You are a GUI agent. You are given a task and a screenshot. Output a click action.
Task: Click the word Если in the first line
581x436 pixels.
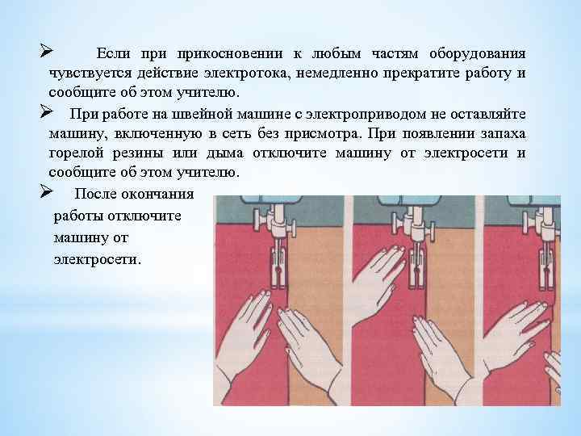click(x=113, y=54)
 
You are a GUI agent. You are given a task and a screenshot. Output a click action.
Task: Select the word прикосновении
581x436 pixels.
click(x=230, y=54)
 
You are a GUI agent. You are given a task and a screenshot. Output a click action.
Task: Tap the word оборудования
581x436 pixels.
click(x=477, y=55)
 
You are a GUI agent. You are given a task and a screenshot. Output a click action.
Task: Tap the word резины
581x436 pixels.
click(x=138, y=154)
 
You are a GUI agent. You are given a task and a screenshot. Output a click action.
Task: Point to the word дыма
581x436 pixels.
click(x=224, y=153)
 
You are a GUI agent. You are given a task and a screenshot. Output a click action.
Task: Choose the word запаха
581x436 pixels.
click(x=504, y=134)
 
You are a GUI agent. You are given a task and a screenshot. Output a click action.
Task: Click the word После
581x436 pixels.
click(x=94, y=194)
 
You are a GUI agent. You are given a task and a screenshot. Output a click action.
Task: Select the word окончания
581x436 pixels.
click(x=157, y=194)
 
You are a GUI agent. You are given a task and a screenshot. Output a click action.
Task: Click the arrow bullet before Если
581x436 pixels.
click(x=46, y=51)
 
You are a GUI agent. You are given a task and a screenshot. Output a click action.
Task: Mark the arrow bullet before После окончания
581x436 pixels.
click(x=46, y=191)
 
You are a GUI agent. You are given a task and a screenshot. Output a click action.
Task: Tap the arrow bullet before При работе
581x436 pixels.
click(x=46, y=111)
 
